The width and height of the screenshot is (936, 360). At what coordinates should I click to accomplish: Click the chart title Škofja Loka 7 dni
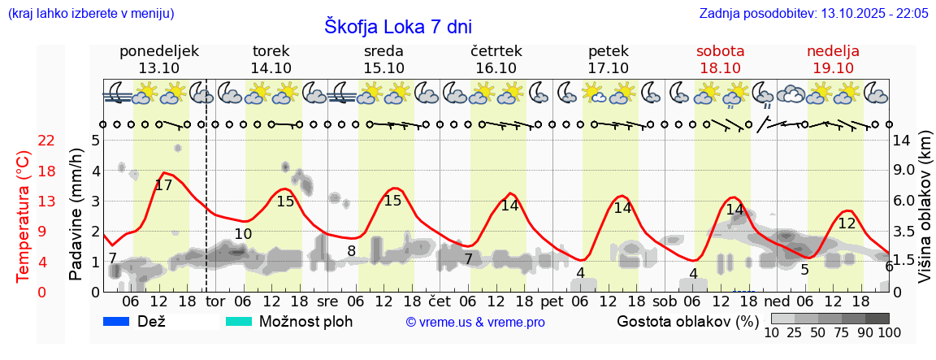397,26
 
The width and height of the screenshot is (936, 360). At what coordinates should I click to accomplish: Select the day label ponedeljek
158,51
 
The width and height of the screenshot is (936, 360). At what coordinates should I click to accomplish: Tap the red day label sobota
720,51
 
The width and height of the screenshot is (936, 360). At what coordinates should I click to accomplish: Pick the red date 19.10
833,68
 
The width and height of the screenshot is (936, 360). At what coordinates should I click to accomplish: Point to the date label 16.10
496,68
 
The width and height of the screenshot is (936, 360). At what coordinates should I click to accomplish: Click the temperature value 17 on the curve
163,185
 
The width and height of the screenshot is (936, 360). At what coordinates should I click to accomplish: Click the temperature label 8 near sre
351,251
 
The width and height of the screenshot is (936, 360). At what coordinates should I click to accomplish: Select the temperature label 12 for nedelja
847,223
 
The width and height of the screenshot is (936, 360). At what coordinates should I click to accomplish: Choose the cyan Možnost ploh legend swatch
239,321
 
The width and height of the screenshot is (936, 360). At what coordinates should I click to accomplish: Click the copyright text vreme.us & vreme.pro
475,322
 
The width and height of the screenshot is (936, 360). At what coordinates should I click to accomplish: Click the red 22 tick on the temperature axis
47,141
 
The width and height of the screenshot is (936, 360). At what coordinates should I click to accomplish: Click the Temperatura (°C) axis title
24,215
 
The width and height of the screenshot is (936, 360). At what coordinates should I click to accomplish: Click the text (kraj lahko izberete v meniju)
90,13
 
